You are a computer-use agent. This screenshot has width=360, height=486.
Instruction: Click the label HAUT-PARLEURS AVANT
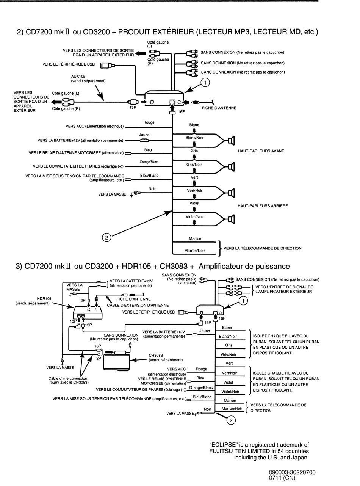click(x=261, y=151)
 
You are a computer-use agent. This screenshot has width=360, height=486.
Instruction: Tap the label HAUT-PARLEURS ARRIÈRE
click(x=263, y=206)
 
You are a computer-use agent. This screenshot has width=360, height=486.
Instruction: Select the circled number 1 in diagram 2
click(x=205, y=82)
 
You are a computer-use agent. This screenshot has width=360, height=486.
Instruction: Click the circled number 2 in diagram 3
click(x=231, y=420)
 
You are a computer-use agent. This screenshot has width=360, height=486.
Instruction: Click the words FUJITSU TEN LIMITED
click(x=239, y=451)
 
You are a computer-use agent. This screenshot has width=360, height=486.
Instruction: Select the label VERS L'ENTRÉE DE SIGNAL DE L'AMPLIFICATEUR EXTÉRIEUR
click(x=284, y=289)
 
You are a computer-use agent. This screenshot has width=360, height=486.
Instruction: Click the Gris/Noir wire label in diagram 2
click(x=194, y=165)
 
